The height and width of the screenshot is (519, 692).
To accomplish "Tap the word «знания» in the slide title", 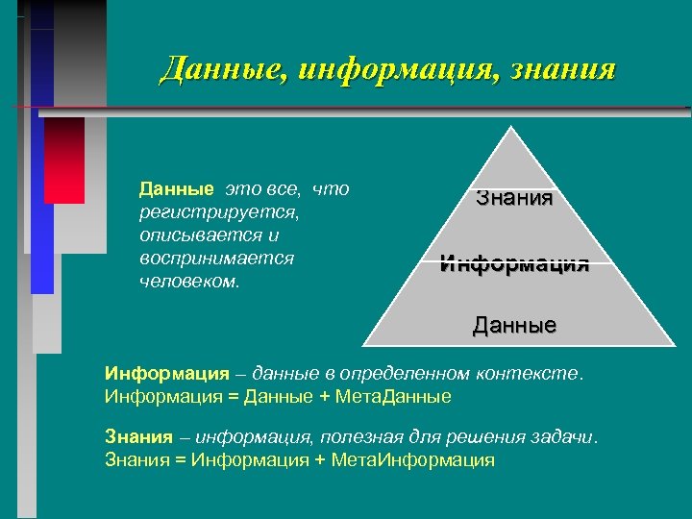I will (x=561, y=70).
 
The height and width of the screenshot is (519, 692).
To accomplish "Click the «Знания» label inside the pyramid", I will (x=514, y=199).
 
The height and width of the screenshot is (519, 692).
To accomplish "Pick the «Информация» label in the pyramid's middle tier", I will (x=514, y=263).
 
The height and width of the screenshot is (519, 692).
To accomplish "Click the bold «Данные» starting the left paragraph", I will (x=175, y=188).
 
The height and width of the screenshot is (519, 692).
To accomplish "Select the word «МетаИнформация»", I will (x=412, y=459).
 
